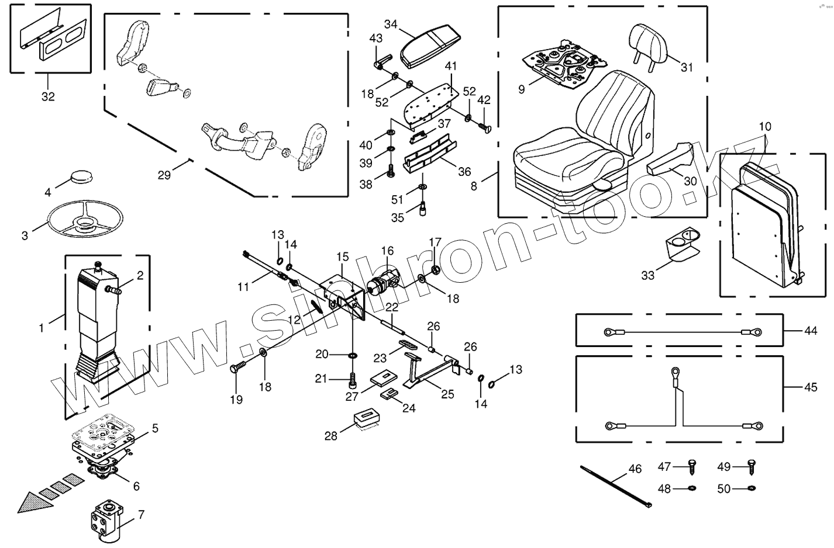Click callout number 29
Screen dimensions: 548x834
[164, 174]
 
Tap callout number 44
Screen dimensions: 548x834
[810, 331]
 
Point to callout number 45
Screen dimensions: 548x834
[811, 387]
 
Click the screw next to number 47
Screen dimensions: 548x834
[692, 466]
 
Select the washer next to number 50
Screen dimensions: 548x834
[752, 488]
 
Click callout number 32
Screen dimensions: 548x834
[48, 96]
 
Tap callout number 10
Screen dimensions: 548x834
[765, 126]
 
